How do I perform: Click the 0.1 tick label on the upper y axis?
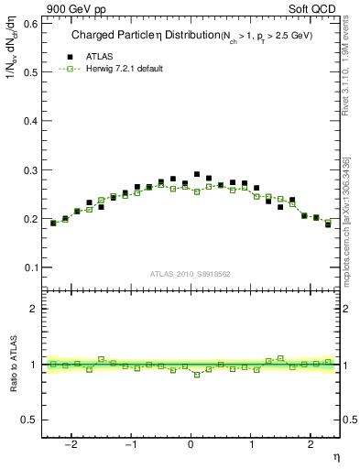(29, 267)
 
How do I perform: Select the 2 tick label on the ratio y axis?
(33, 309)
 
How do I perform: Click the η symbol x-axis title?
(335, 455)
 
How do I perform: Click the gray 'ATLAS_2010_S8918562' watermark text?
(191, 273)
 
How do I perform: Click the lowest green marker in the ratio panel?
(196, 375)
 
